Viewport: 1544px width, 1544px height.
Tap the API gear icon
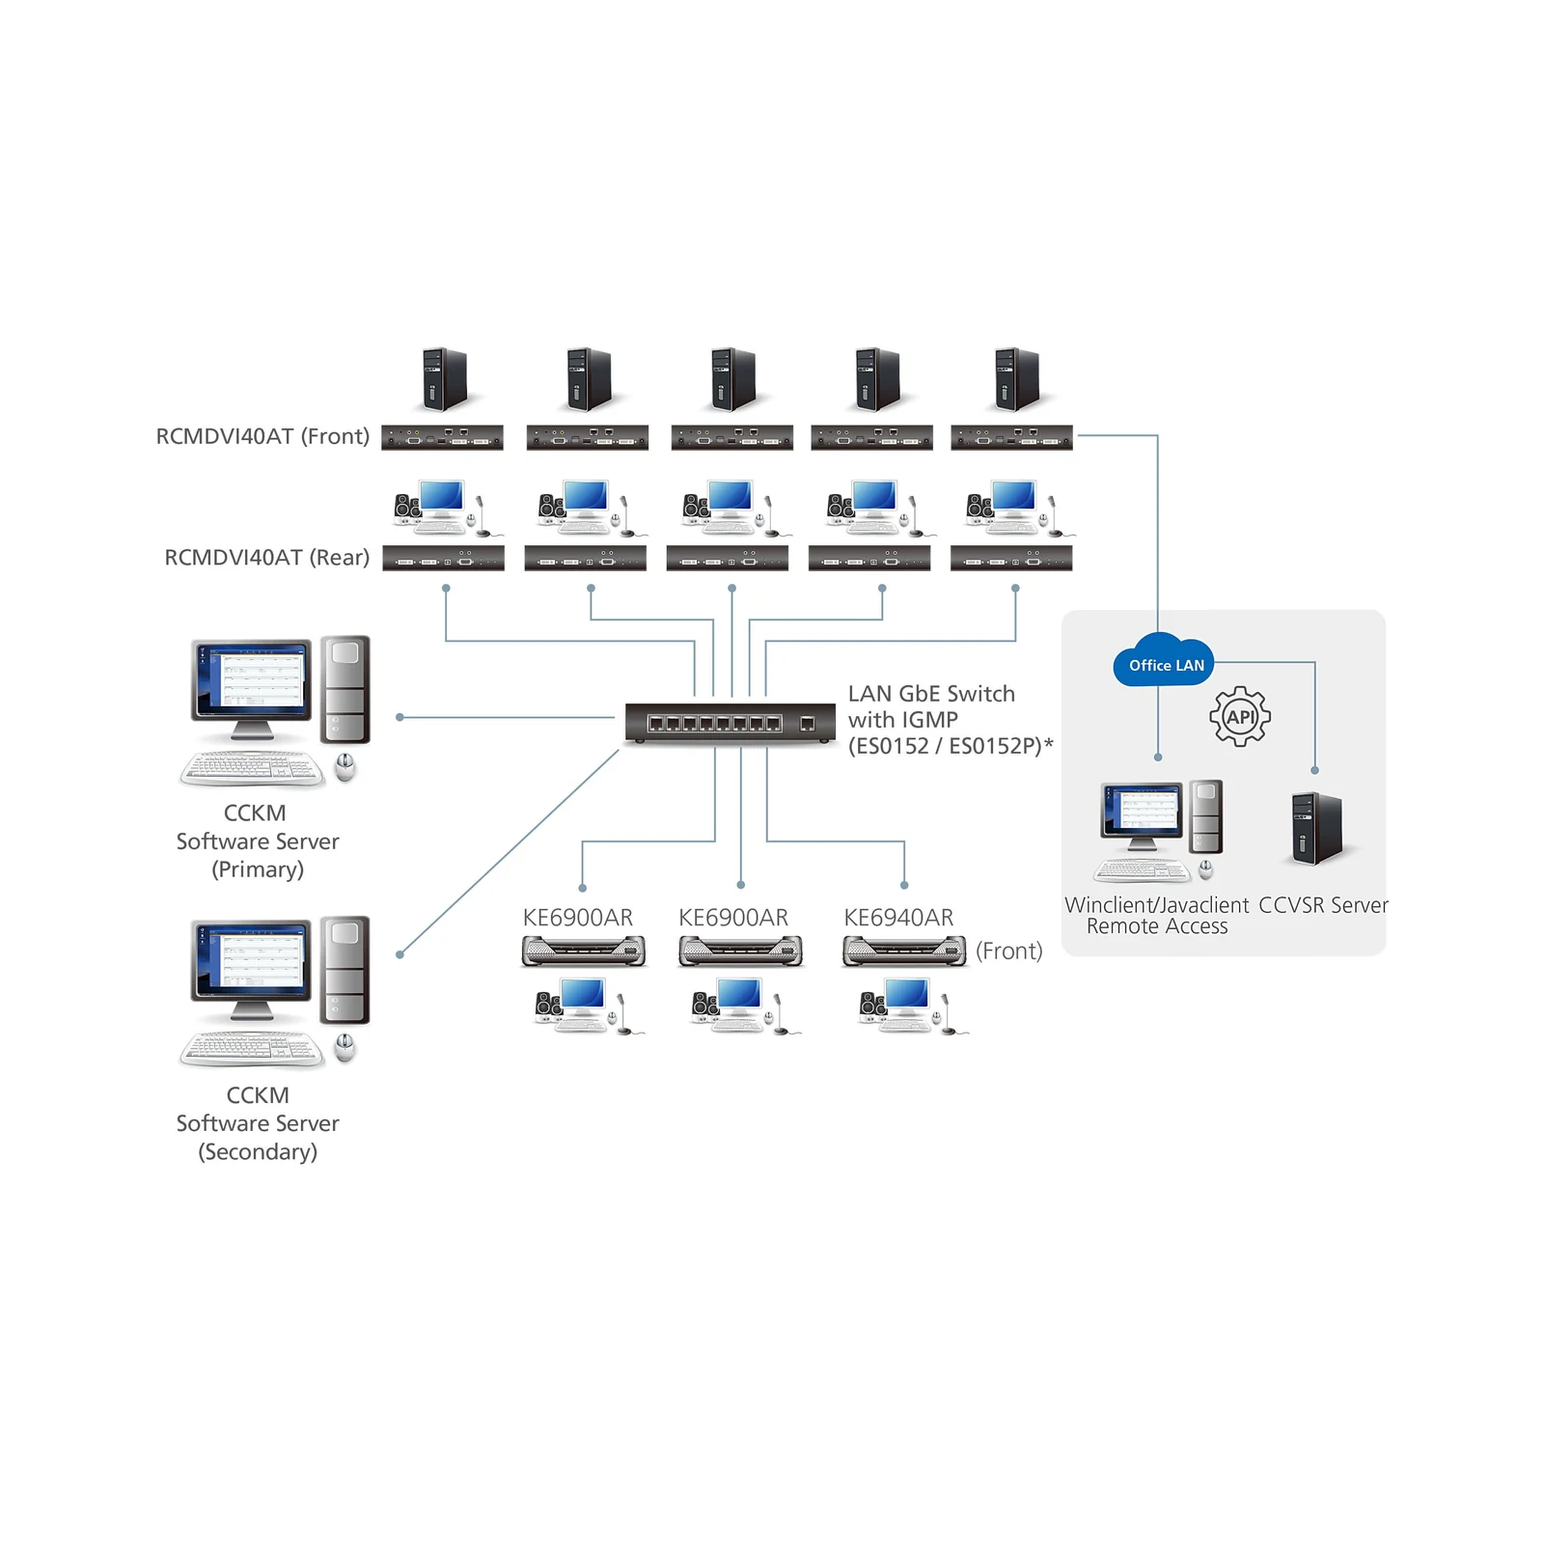tap(1240, 716)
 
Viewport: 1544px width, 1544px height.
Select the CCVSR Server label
tap(1323, 905)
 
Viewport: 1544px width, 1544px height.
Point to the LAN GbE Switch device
tap(730, 723)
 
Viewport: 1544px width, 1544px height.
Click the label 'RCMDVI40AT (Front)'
tap(262, 436)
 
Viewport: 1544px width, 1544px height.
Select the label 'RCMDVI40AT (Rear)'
tap(267, 558)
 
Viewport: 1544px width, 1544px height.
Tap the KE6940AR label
tap(898, 918)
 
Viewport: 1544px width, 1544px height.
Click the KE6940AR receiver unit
tap(904, 951)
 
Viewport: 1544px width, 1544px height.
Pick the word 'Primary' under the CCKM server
tap(258, 869)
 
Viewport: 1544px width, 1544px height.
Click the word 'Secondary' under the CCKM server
tap(258, 1151)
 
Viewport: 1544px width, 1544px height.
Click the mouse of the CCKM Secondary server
tap(345, 1047)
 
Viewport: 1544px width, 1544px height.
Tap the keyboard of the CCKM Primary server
tap(253, 768)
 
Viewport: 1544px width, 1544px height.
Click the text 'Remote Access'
tap(1157, 926)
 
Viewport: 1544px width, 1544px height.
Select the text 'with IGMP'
tap(903, 720)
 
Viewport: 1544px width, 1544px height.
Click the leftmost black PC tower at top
tap(444, 379)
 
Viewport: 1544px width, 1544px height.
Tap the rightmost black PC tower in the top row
tap(1017, 379)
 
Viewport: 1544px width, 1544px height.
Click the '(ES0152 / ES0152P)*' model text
tap(951, 746)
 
